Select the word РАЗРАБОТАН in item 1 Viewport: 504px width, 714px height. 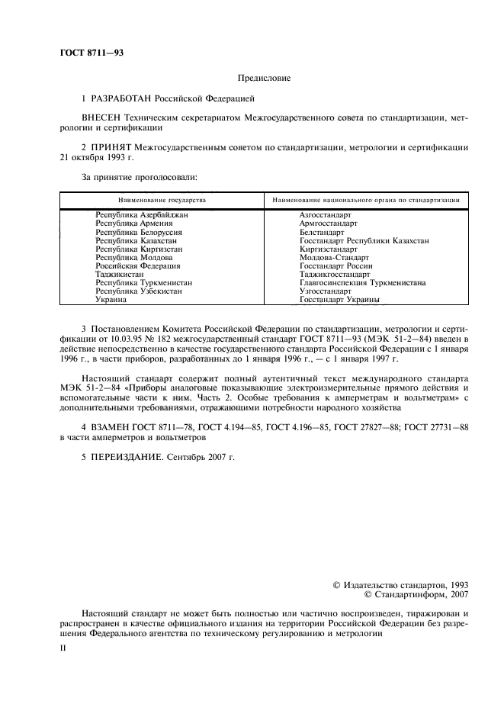pyautogui.click(x=122, y=99)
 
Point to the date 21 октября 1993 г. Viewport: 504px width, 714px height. pyautogui.click(x=96, y=156)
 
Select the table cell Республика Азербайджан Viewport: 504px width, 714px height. pyautogui.click(x=142, y=216)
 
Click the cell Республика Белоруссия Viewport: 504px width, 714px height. pyautogui.click(x=138, y=232)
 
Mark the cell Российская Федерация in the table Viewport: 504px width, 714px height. pyautogui.click(x=137, y=265)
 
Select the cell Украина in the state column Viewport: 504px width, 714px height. pyautogui.click(x=111, y=299)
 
